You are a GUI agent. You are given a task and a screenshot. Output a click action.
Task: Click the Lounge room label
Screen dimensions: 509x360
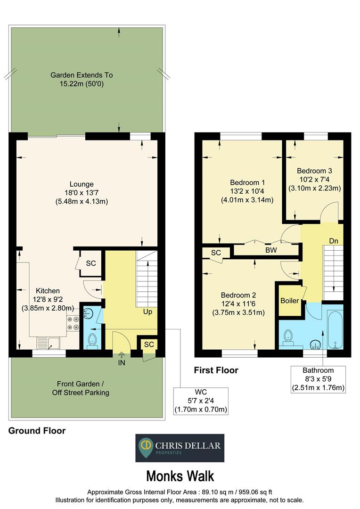tap(82, 184)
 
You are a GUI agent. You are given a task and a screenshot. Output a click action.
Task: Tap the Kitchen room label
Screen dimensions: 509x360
tap(46, 291)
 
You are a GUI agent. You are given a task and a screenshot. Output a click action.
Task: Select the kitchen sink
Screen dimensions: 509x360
tap(50, 343)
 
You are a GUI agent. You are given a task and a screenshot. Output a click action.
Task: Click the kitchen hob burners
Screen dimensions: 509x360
tap(73, 323)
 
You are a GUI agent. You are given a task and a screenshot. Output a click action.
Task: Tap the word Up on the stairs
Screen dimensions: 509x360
tap(147, 312)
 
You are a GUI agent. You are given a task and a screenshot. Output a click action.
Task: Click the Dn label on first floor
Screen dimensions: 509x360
tap(334, 241)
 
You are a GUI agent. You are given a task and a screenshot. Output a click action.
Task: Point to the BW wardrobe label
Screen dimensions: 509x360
tap(270, 250)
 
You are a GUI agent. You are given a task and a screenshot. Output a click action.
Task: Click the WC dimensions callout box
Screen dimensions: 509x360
tap(201, 401)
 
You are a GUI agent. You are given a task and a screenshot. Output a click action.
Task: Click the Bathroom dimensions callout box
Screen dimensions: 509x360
tap(318, 379)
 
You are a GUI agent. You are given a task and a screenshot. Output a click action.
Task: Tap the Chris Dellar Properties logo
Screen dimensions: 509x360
tap(180, 448)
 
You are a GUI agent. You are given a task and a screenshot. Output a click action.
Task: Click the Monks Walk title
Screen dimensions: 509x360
tap(180, 475)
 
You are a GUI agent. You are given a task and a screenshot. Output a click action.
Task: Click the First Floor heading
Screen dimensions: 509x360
tap(216, 370)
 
